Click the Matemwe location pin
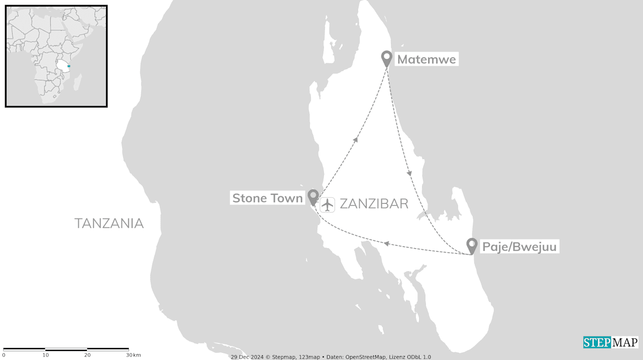[x=386, y=58]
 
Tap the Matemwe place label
[x=426, y=60]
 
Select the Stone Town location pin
[x=313, y=196]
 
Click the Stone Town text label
[x=268, y=198]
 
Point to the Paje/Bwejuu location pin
[x=471, y=245]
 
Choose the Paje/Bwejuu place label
[x=519, y=247]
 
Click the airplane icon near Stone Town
[x=328, y=204]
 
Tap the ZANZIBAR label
[x=374, y=204]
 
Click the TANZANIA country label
[x=109, y=223]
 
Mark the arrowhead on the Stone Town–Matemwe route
[x=356, y=140]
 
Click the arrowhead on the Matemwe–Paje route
[x=409, y=173]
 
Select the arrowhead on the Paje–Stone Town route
[x=386, y=244]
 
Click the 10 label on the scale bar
[x=46, y=355]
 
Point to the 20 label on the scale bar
[x=87, y=355]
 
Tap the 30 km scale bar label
[x=133, y=355]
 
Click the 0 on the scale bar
[x=4, y=355]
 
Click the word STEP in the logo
[x=596, y=342]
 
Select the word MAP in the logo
[x=624, y=342]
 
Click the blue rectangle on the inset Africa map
[x=69, y=66]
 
